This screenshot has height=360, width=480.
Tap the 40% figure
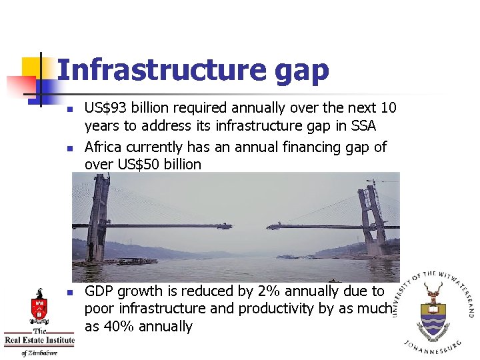(115, 327)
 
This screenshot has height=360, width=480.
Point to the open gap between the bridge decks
(249, 227)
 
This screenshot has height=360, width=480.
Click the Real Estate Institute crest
(39, 307)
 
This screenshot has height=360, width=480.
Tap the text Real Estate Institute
(39, 341)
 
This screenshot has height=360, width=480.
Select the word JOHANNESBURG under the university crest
(433, 346)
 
